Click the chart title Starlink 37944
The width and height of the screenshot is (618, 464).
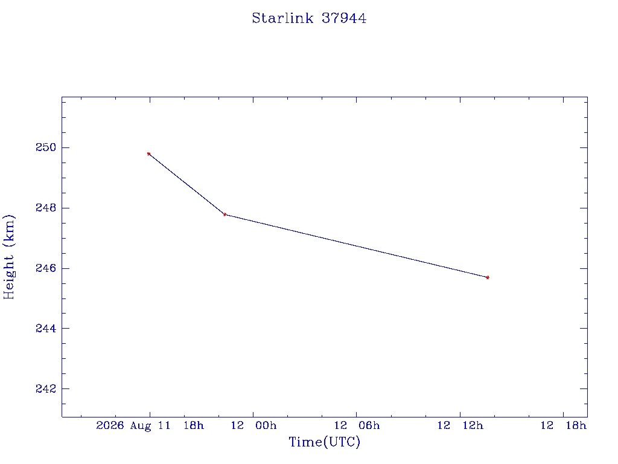(309, 18)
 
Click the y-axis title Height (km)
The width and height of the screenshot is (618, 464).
(9, 257)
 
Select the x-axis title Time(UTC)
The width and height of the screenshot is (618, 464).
(324, 442)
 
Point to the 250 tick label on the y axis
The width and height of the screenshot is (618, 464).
(46, 147)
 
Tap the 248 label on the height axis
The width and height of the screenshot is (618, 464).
(46, 208)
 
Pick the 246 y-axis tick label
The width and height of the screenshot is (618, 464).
(46, 268)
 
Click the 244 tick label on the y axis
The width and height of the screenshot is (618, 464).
(46, 328)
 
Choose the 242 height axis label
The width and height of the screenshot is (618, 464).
(46, 388)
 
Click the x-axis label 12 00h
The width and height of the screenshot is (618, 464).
(253, 425)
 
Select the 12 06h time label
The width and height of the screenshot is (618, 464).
(357, 425)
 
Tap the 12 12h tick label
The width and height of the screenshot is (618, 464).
(460, 425)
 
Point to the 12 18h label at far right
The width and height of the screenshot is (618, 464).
(563, 425)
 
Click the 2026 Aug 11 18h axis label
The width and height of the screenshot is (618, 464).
(150, 426)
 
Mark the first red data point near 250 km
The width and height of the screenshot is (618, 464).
(148, 154)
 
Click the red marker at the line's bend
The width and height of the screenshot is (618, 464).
(225, 214)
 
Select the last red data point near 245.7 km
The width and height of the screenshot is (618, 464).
(488, 277)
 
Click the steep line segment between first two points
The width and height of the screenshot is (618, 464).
(187, 184)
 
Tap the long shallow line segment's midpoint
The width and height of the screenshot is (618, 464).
(356, 246)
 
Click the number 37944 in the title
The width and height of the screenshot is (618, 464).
(343, 18)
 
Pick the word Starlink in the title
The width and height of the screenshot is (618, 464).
(282, 18)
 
